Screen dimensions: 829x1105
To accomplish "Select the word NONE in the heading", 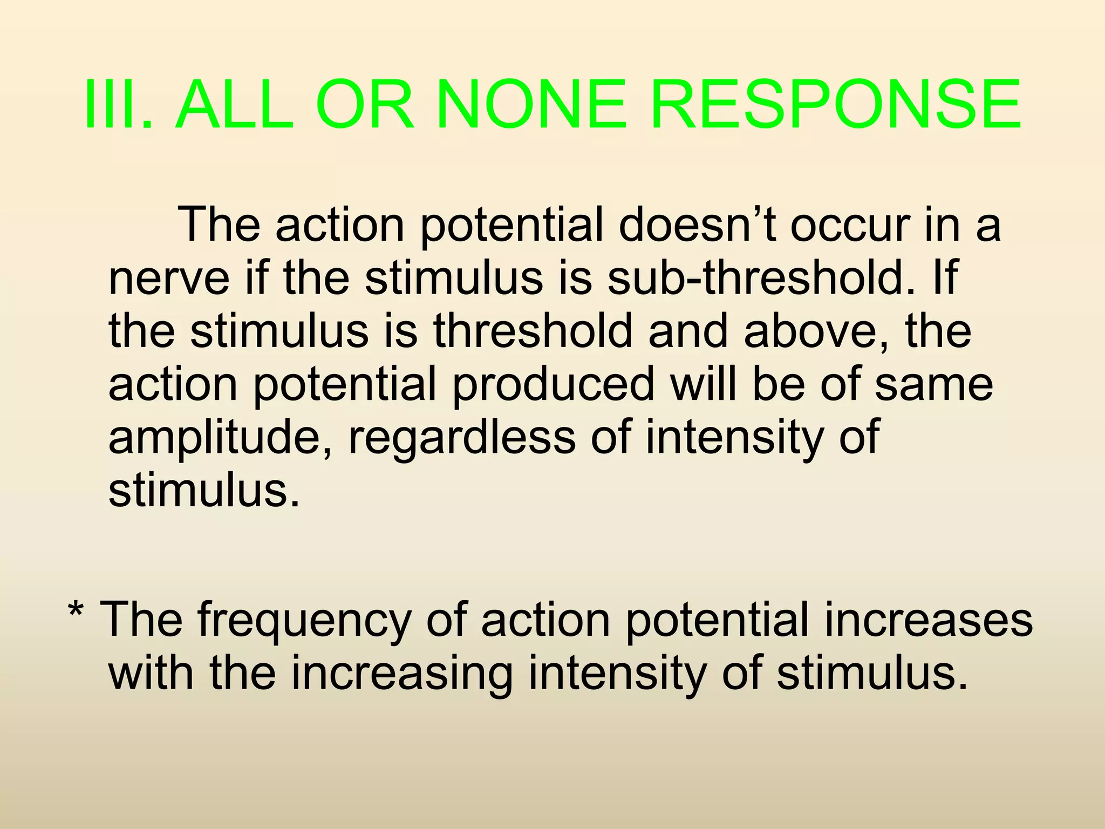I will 531,105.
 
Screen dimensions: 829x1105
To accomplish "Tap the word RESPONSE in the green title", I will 836,105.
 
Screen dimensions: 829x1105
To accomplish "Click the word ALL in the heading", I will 234,105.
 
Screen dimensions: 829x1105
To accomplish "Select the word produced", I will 554,384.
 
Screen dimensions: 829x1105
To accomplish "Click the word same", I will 933,384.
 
